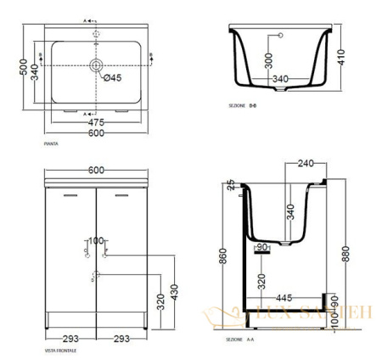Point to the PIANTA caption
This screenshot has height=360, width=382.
point(51,145)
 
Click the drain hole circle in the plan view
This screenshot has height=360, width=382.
point(96,65)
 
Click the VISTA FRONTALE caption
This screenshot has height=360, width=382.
point(60,350)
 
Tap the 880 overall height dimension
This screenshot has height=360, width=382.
point(345,255)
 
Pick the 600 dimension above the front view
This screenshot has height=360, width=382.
point(95,170)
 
